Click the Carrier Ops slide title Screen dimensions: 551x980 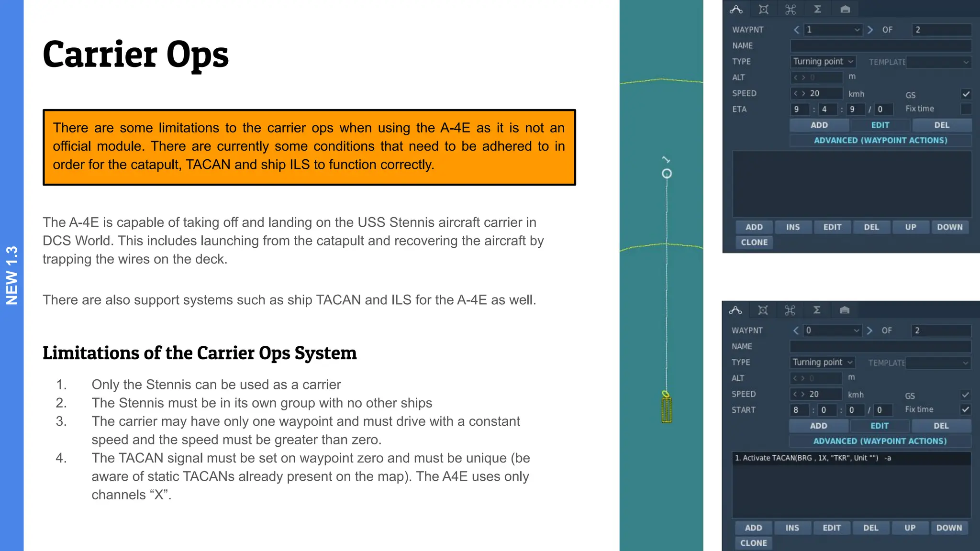[x=135, y=55]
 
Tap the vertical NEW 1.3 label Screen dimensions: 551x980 [x=11, y=275]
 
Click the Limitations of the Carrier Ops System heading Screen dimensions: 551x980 [x=200, y=353]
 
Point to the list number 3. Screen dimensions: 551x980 [x=61, y=421]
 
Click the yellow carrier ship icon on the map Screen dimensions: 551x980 [x=667, y=408]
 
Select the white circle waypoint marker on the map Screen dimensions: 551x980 [x=667, y=174]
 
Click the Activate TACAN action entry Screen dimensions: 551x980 [x=813, y=458]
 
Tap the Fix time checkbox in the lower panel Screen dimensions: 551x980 [x=965, y=409]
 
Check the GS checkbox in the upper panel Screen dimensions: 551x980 [x=966, y=94]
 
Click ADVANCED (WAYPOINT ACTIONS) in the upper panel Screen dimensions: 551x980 [x=880, y=141]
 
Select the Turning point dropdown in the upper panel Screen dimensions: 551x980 [x=823, y=62]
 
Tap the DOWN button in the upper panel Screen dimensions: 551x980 [x=949, y=227]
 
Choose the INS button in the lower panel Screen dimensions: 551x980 [x=792, y=528]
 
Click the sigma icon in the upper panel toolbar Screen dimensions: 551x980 [x=818, y=9]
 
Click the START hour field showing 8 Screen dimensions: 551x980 [x=798, y=410]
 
